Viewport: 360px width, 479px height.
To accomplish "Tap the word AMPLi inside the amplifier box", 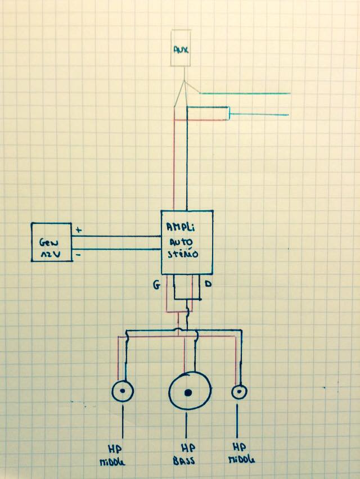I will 181,227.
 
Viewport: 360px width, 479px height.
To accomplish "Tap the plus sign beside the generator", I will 78,229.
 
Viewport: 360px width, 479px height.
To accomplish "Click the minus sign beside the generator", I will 78,254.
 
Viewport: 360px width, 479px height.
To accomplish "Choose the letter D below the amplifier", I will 209,285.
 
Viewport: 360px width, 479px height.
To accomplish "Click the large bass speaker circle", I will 190,391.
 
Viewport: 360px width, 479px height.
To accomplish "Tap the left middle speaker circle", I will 122,391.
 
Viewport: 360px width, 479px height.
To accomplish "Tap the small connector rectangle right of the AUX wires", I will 229,114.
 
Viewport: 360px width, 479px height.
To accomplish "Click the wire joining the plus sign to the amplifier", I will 118,235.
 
